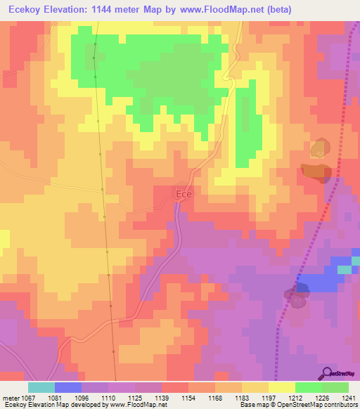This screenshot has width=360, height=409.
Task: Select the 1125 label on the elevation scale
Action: tap(127, 398)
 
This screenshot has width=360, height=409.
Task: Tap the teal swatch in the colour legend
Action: tap(41, 387)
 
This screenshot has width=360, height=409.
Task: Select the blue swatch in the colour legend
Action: tap(67, 387)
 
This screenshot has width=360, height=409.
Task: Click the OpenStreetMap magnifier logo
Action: tap(327, 372)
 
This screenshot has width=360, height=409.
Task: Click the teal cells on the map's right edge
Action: tap(346, 269)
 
